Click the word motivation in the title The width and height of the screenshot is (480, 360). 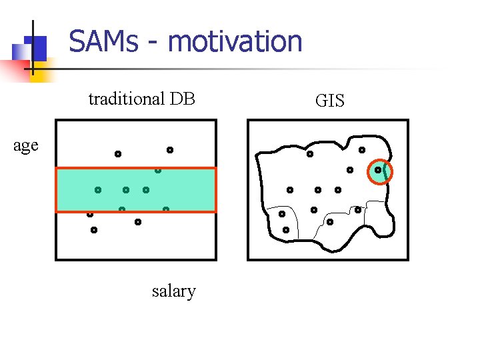coord(235,41)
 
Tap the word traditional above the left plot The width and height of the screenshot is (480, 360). coord(126,99)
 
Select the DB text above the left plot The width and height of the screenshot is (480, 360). coord(182,99)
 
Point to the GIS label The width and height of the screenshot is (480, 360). coord(330,101)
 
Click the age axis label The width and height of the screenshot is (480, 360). coord(26,145)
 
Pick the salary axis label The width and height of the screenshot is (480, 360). coord(174,291)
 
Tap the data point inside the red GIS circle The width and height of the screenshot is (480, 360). coord(378,170)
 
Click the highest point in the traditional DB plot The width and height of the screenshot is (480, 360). coord(170,150)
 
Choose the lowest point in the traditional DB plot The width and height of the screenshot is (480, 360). coord(94,230)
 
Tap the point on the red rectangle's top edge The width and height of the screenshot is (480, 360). coord(158,170)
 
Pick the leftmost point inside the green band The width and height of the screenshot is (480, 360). coord(97,190)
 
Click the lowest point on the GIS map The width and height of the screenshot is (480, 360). coord(286,230)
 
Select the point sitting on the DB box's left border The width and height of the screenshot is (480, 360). coord(89,214)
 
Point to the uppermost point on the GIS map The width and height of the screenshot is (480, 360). coord(362,150)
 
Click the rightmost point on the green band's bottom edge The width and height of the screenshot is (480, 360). coord(166,210)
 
